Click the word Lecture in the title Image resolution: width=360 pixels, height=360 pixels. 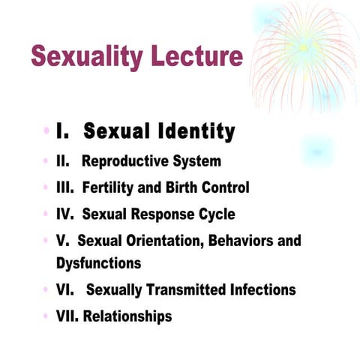197,57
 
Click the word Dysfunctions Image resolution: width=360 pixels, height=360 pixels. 98,263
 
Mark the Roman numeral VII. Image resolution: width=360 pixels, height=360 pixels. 67,316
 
